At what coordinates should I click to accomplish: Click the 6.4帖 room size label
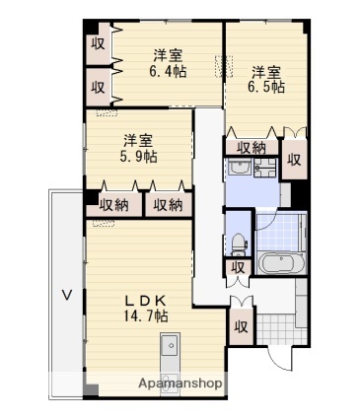coord(168,71)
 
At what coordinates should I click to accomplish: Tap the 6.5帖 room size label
coord(266,87)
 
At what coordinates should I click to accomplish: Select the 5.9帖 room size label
coord(138,157)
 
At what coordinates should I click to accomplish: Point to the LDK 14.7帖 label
coord(146,308)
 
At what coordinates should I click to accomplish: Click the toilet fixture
coord(239,244)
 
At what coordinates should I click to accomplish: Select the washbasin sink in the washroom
coord(240,168)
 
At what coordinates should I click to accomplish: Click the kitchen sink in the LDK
coord(171,345)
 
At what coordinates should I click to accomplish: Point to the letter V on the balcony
coord(67,295)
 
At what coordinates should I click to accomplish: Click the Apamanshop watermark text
coord(180,384)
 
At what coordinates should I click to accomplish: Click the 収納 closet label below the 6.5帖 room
coord(252,148)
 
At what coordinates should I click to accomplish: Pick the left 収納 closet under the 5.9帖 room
coord(114,205)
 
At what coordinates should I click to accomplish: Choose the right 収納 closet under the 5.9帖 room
coord(169,205)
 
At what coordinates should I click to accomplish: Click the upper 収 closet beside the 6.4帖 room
coord(98,43)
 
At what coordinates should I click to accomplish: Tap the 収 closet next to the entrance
coord(241,326)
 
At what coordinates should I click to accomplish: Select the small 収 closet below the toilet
coord(238,267)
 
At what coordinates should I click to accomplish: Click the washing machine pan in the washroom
coord(265,168)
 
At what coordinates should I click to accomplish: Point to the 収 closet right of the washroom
coord(294,160)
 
